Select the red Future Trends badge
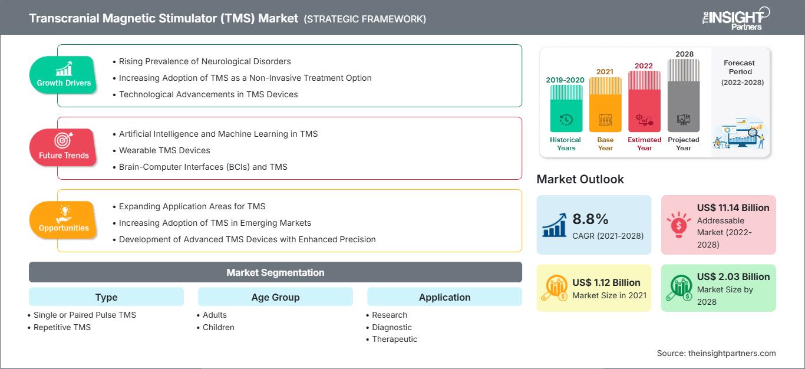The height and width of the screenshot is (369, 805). click(x=62, y=147)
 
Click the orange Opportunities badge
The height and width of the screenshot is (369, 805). click(x=64, y=220)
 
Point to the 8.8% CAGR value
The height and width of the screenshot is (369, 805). click(x=590, y=219)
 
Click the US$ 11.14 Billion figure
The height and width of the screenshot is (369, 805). click(x=733, y=207)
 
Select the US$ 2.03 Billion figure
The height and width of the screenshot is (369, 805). click(x=733, y=276)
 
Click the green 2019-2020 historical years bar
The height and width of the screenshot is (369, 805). click(x=566, y=108)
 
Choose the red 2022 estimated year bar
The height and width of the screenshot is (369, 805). click(x=644, y=101)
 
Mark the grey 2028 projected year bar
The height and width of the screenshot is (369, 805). click(x=684, y=95)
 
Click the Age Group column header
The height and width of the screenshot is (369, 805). click(x=275, y=297)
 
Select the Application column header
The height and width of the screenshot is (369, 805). click(x=444, y=297)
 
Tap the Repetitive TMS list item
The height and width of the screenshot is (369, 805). click(x=62, y=327)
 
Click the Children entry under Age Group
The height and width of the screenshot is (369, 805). click(x=218, y=327)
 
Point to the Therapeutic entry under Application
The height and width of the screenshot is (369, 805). click(x=394, y=339)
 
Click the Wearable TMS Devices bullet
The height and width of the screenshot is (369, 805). click(x=164, y=150)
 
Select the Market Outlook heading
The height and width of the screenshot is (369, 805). click(x=580, y=179)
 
